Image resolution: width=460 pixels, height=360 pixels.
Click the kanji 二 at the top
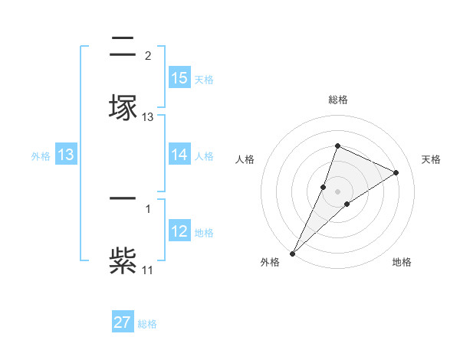click(x=123, y=46)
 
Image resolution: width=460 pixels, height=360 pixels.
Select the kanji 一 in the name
click(x=123, y=199)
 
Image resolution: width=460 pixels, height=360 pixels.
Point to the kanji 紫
click(x=123, y=259)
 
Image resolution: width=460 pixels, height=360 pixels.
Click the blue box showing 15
click(x=179, y=78)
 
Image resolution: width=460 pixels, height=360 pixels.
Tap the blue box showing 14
click(x=179, y=155)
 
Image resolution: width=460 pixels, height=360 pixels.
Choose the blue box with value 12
click(x=179, y=231)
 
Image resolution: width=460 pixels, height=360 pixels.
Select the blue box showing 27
click(x=123, y=322)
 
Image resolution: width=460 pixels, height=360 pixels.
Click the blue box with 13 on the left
click(x=65, y=155)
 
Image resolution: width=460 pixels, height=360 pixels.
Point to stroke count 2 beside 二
click(x=148, y=56)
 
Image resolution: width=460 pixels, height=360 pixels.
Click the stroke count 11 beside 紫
click(x=148, y=270)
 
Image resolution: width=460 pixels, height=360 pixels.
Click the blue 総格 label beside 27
click(x=147, y=324)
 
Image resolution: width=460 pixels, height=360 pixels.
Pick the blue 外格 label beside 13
click(x=41, y=156)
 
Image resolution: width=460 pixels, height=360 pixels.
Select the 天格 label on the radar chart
click(x=432, y=159)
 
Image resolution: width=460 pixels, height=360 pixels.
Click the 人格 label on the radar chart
click(x=245, y=159)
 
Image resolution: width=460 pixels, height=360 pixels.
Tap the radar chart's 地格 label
click(x=402, y=262)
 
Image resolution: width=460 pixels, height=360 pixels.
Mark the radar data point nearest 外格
click(x=292, y=253)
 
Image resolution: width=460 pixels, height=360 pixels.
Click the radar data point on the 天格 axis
click(x=396, y=172)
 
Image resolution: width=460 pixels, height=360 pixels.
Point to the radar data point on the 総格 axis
click(x=337, y=146)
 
